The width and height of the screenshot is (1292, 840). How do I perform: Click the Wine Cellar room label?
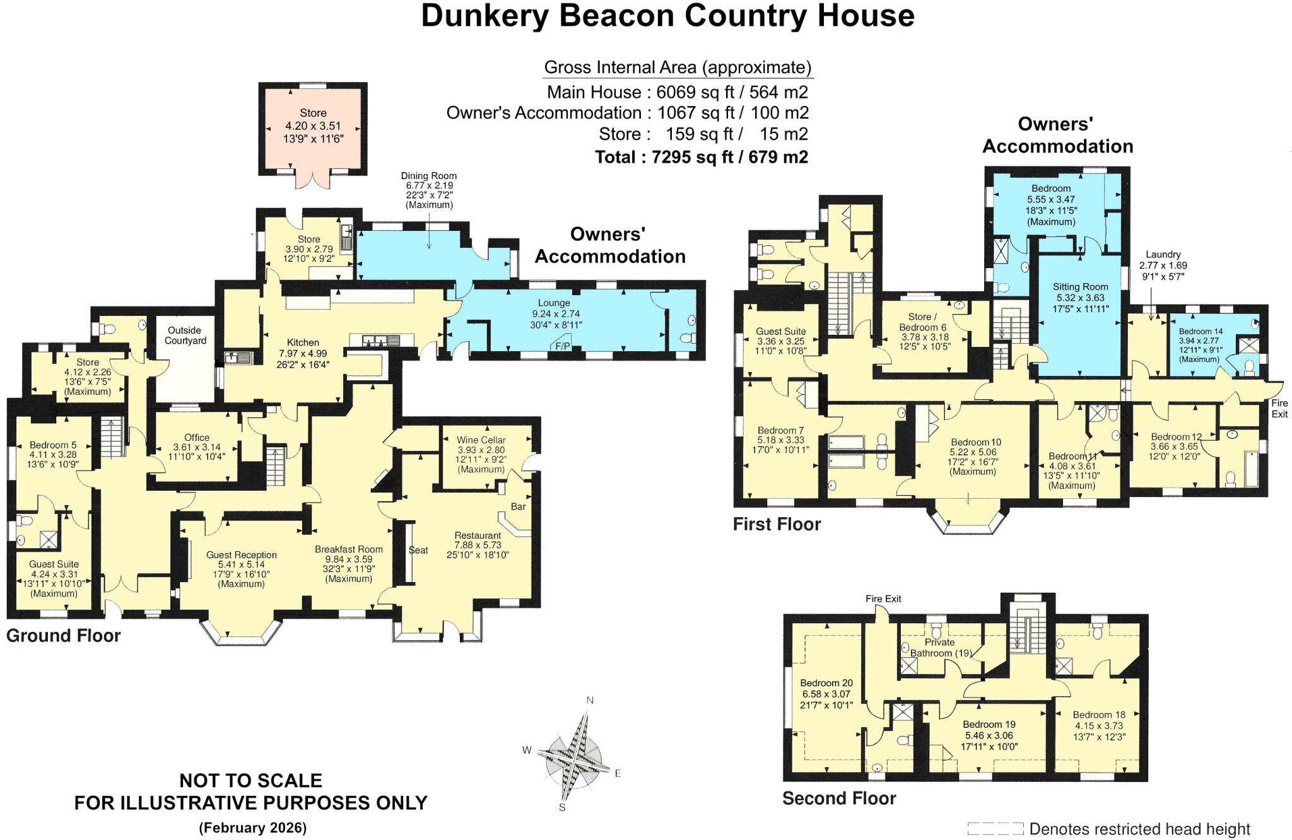(x=481, y=440)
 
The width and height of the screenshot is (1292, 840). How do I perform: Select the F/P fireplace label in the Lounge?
(x=562, y=346)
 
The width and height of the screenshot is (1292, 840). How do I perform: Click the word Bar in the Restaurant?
(x=518, y=506)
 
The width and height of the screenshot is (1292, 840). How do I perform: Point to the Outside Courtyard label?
(x=184, y=335)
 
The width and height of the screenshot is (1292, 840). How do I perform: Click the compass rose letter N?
(x=590, y=700)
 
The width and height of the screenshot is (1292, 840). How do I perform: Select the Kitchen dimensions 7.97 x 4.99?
(x=303, y=353)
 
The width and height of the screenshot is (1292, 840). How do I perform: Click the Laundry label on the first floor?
(x=1163, y=255)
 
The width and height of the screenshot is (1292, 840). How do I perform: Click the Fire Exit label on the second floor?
(x=883, y=598)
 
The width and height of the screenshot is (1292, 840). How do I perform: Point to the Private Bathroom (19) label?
(x=939, y=648)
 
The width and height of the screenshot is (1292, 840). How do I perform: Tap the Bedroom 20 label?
(x=826, y=683)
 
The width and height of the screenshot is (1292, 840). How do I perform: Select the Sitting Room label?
(x=1080, y=287)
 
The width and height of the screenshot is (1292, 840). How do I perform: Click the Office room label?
(x=197, y=438)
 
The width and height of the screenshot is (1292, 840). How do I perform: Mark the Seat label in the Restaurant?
(x=418, y=550)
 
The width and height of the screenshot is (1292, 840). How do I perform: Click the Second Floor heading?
(x=839, y=798)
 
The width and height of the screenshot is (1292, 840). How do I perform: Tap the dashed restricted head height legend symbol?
(x=995, y=828)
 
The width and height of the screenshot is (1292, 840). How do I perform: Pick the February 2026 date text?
(x=252, y=827)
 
